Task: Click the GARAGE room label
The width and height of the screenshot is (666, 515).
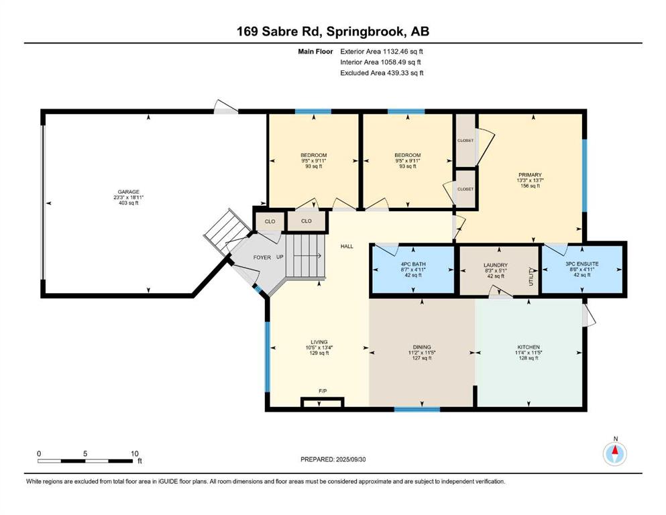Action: pyautogui.click(x=128, y=192)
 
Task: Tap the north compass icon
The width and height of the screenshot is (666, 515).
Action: pyautogui.click(x=614, y=454)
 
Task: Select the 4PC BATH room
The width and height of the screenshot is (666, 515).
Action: pyautogui.click(x=413, y=270)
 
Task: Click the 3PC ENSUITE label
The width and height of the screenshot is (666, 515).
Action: pyautogui.click(x=582, y=264)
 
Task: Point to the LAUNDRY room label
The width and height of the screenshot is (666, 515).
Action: pyautogui.click(x=496, y=265)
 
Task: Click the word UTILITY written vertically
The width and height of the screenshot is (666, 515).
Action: pyautogui.click(x=531, y=277)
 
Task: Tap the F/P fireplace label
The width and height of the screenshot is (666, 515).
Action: pyautogui.click(x=323, y=391)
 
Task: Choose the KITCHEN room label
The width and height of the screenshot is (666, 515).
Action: pyautogui.click(x=529, y=347)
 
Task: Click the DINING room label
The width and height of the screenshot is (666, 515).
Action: pyautogui.click(x=422, y=347)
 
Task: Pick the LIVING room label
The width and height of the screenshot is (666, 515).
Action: pyautogui.click(x=319, y=342)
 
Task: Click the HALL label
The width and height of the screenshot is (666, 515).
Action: pyautogui.click(x=347, y=246)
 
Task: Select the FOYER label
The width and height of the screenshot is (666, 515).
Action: pyautogui.click(x=262, y=257)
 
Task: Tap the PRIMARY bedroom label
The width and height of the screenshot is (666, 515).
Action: pyautogui.click(x=530, y=174)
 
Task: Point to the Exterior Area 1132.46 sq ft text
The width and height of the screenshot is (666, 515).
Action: pyautogui.click(x=382, y=52)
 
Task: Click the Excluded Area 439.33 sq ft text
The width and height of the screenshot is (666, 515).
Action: pyautogui.click(x=382, y=73)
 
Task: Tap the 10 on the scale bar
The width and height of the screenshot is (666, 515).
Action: pyautogui.click(x=135, y=453)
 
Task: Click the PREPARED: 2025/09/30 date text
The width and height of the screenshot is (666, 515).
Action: pyautogui.click(x=333, y=459)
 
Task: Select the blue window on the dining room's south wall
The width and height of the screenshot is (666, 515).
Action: pyautogui.click(x=417, y=409)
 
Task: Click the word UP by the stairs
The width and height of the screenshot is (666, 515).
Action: pyautogui.click(x=280, y=257)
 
